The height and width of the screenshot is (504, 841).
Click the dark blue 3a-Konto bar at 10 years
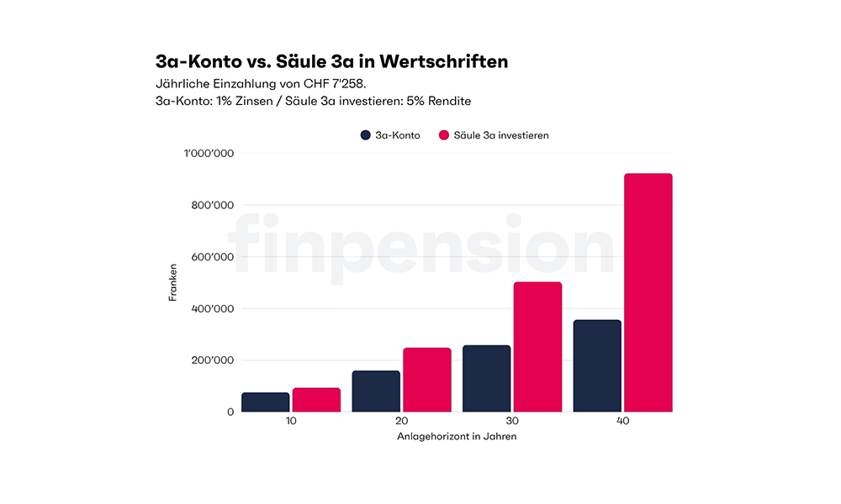click(265, 402)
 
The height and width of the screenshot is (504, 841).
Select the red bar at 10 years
click(316, 400)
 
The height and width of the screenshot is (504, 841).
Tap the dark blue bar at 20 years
click(376, 391)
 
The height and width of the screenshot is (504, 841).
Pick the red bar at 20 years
click(427, 380)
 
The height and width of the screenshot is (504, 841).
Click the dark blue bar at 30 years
click(486, 379)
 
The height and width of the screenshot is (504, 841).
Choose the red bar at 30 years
click(537, 347)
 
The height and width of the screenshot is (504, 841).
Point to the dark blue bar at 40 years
click(597, 366)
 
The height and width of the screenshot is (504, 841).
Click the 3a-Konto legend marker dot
click(366, 135)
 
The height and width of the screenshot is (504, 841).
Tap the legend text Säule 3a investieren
click(501, 135)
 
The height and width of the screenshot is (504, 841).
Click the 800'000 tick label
click(211, 205)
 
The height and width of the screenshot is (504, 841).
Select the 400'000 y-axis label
click(211, 308)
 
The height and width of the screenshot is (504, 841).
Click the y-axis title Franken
click(172, 283)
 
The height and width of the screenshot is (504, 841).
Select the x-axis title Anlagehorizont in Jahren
click(457, 437)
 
